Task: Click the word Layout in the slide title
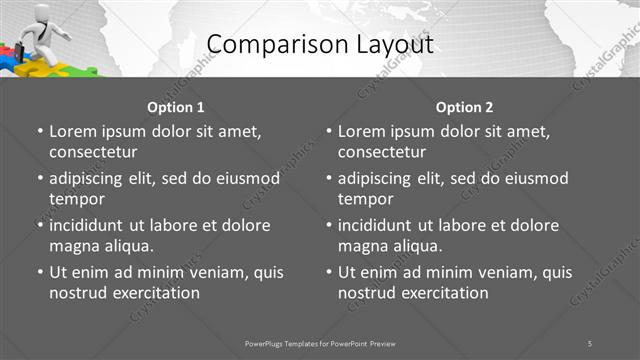pyautogui.click(x=385, y=45)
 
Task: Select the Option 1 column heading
pyautogui.click(x=176, y=107)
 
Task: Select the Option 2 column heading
pyautogui.click(x=465, y=107)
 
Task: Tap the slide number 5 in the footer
pyautogui.click(x=590, y=343)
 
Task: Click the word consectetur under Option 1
pyautogui.click(x=93, y=152)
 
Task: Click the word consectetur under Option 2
pyautogui.click(x=382, y=152)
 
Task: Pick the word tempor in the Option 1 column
pyautogui.click(x=75, y=199)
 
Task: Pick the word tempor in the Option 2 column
pyautogui.click(x=364, y=199)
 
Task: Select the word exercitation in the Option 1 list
pyautogui.click(x=154, y=293)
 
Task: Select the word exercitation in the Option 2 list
pyautogui.click(x=443, y=293)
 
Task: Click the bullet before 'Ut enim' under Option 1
pyautogui.click(x=40, y=272)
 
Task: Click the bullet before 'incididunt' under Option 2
pyautogui.click(x=329, y=225)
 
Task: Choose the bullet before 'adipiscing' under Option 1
pyautogui.click(x=40, y=178)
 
